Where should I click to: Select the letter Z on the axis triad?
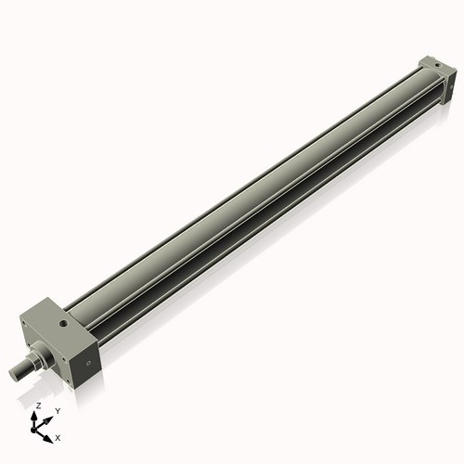pos(36,406)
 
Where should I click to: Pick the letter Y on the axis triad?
pos(58,410)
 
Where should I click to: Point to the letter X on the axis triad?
pos(58,436)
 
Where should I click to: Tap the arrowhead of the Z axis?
pos(36,414)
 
